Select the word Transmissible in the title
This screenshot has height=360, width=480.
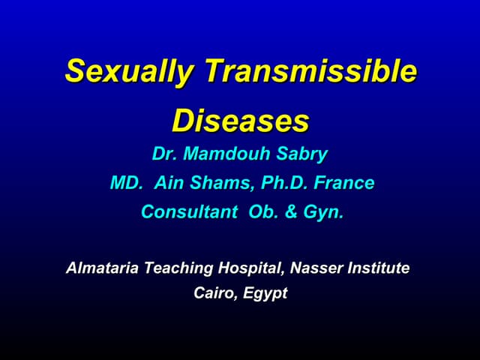pos(310,71)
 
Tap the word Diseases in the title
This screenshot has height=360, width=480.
pos(240,120)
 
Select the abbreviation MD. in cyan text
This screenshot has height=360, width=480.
pos(126,183)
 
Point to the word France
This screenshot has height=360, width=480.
pos(345,183)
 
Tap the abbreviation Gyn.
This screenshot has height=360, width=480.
pos(323,212)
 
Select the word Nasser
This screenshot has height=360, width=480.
pos(316,268)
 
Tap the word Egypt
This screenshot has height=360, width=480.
pos(265,293)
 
